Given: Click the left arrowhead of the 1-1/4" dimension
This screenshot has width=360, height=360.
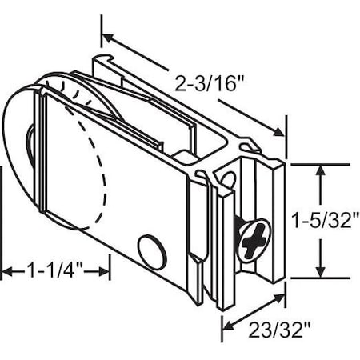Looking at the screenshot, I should click(6, 273).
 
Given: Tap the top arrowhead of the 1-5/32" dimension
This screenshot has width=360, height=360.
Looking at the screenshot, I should click(321, 170).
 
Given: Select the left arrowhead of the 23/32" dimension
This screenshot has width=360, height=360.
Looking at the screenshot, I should click(225, 326).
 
